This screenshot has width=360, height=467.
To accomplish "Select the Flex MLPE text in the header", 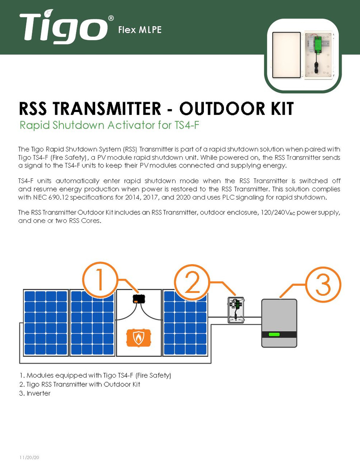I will point(140,30).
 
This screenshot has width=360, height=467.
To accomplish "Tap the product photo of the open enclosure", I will point(302,55).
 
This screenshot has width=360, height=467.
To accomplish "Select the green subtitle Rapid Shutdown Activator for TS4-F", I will point(109,125).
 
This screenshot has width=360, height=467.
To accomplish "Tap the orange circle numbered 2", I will point(192,282).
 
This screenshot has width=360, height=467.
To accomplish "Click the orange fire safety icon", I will point(138,338).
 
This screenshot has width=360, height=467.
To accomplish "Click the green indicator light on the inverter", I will point(274,334).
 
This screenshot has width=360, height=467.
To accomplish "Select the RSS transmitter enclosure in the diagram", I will point(236,310).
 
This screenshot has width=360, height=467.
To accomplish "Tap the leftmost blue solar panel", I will point(46,323).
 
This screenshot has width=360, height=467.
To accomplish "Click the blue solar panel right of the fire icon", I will point(185,323).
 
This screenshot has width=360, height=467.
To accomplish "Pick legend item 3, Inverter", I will point(35,393).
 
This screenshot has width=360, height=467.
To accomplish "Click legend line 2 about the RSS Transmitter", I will point(80,384).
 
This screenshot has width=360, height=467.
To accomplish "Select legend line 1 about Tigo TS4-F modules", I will point(95,375).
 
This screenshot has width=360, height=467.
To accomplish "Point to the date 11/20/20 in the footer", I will point(29,458).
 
